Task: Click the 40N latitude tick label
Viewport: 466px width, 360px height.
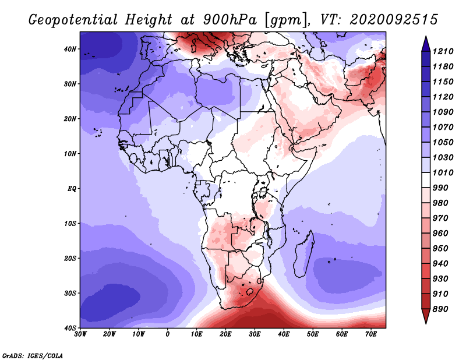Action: tap(70, 49)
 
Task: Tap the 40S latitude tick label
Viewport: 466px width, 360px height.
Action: tap(70, 328)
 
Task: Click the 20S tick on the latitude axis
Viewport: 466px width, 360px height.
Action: tap(70, 258)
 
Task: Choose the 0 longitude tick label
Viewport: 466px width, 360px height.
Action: tap(168, 334)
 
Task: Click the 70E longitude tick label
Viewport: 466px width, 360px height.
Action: tap(370, 334)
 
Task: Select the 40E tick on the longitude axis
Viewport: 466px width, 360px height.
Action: tap(284, 334)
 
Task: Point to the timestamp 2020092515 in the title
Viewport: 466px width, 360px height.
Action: tap(393, 19)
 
